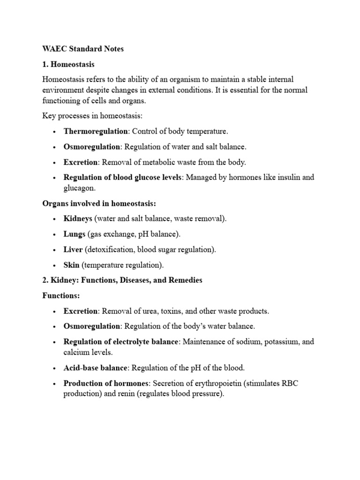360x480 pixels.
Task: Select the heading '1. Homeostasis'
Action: pos(68,64)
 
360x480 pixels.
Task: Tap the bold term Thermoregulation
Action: pos(96,132)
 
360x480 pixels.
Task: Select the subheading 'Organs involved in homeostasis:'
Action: pos(98,203)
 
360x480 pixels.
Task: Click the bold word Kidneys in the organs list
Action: pos(78,218)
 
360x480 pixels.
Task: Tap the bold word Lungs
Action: pos(75,234)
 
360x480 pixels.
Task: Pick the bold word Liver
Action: pos(73,249)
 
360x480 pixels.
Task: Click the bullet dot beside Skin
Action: pos(55,265)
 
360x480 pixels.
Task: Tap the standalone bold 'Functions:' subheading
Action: pos(61,296)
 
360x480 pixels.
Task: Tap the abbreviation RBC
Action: pos(290,383)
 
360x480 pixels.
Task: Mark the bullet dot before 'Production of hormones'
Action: pos(55,384)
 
